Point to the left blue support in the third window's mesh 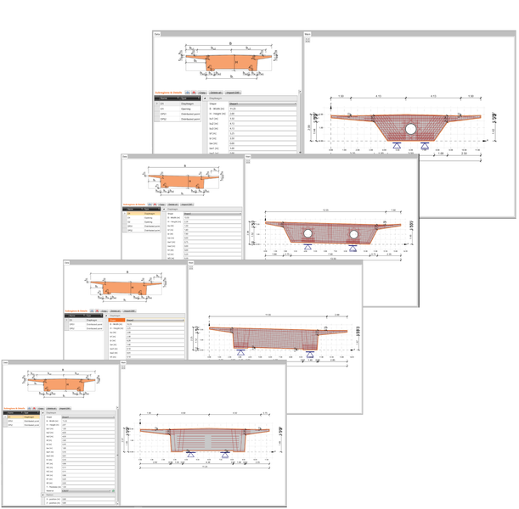241,350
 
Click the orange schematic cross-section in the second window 179,182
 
